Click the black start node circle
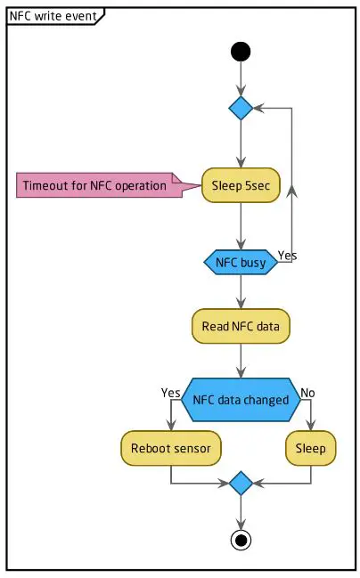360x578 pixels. pos(241,52)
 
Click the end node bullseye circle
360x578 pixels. pos(241,540)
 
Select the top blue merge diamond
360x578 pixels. pos(241,108)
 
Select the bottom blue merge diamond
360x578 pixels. pos(241,484)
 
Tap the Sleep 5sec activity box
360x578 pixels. pos(241,186)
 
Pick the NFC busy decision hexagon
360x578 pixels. pos(241,262)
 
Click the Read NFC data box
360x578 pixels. pos(241,327)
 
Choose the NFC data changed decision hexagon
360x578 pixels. pos(241,400)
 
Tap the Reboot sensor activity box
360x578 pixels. pos(171,448)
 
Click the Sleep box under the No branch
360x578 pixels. pos(311,448)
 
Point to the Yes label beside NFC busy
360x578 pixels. pos(287,256)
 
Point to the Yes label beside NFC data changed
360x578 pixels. pos(170,393)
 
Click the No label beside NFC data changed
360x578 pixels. pos(308,393)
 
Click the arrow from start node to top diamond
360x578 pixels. pos(241,78)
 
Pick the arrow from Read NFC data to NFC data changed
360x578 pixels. pos(241,361)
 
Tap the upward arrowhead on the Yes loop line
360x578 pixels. pos(294,191)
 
